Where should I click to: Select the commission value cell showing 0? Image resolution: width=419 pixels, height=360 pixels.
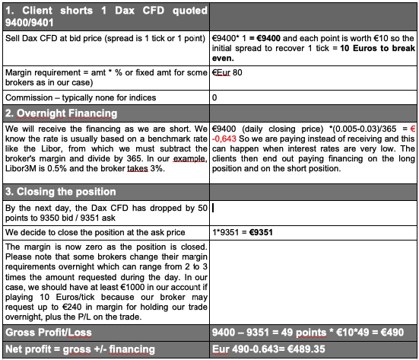click(215, 97)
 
